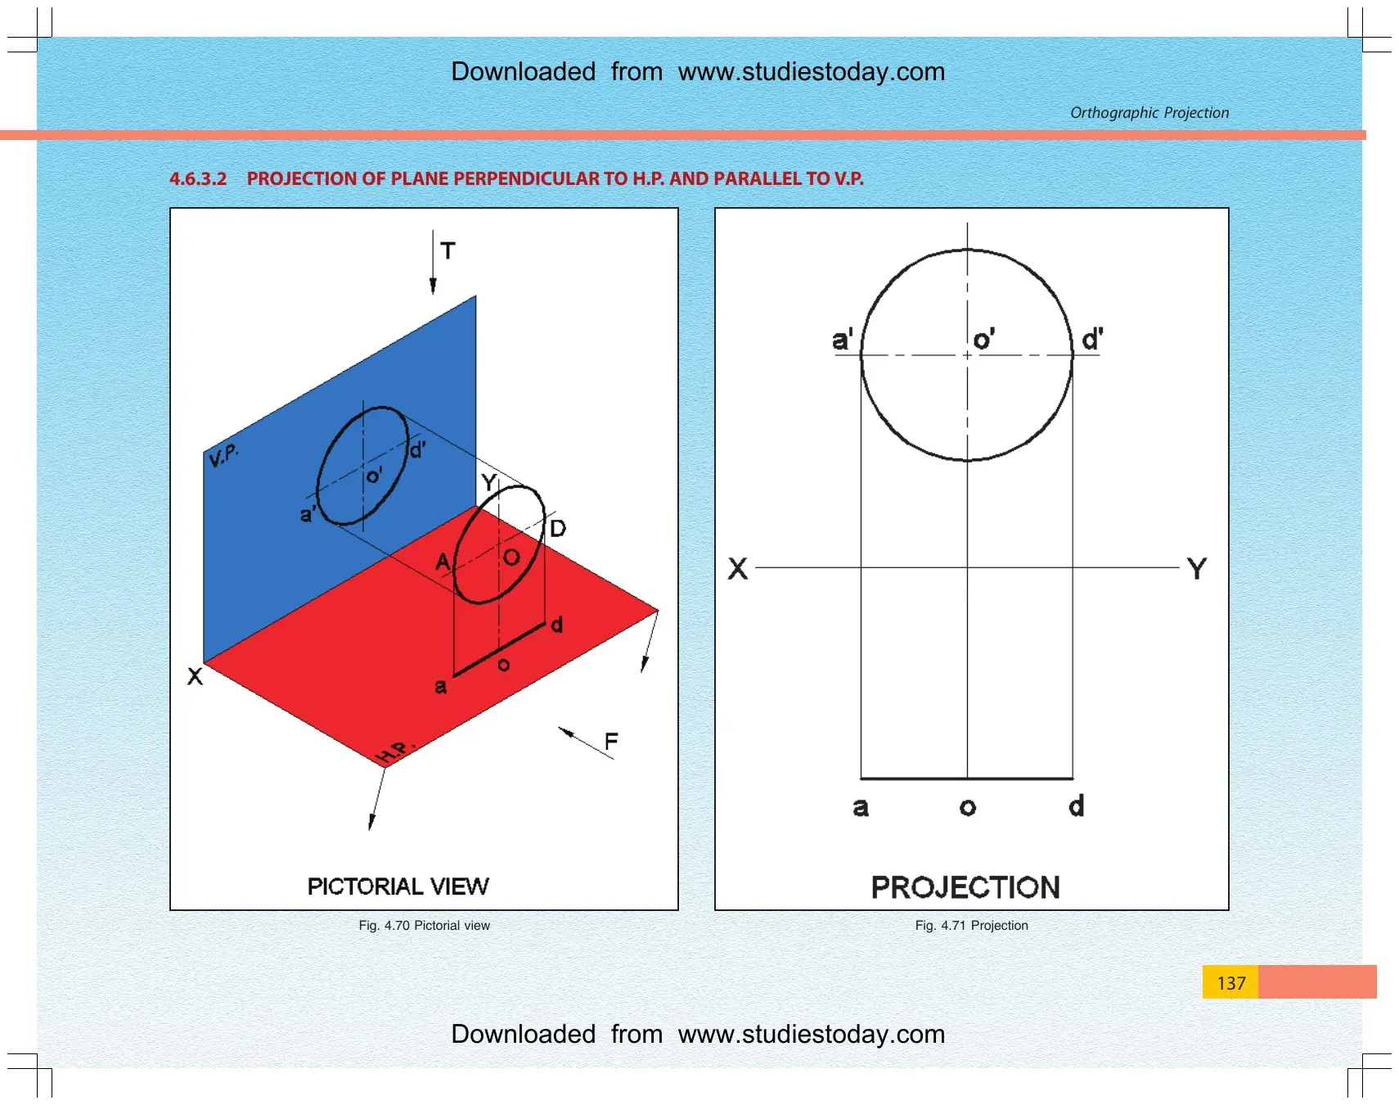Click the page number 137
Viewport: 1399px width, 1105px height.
pos(1231,983)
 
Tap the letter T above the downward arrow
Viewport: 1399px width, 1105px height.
pos(448,250)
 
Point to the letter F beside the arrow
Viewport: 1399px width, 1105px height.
pos(611,742)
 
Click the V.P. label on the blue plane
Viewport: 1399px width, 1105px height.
pos(223,455)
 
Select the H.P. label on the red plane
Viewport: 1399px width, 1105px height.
pos(395,751)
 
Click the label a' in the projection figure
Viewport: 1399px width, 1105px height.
pos(842,339)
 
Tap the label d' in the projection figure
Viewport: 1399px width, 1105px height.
pos(1092,339)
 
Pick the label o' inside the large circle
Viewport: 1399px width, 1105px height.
pos(983,339)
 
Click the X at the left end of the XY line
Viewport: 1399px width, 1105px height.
pos(738,568)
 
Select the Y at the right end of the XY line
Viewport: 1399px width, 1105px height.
pos(1197,568)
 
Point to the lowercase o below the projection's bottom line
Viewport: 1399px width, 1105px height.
pos(968,808)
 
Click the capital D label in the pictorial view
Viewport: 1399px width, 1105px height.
pos(558,528)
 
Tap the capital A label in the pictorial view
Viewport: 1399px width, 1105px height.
pos(443,562)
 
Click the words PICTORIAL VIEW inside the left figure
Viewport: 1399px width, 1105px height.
pos(398,886)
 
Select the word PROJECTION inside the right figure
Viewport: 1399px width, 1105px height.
pos(965,887)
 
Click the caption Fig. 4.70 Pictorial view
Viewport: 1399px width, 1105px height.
pos(424,926)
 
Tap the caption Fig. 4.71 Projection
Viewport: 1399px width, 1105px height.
pos(971,926)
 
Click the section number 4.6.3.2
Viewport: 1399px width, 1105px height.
pos(198,178)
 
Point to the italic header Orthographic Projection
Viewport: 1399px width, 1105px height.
pos(1149,113)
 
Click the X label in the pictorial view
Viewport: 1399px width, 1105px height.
pos(195,676)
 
